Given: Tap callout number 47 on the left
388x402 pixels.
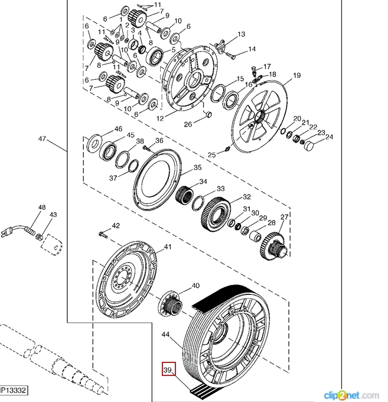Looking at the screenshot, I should pos(42,139).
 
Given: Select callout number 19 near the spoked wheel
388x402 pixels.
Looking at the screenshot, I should pos(296,75).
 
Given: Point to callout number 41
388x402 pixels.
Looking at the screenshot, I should pos(168,247).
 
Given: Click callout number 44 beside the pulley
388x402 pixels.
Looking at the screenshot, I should pos(167,335).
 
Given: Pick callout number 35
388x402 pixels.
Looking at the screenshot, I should pos(198,168).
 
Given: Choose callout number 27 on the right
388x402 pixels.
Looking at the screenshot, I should pos(284,217).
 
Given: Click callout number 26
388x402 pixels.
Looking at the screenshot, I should pos(188,124).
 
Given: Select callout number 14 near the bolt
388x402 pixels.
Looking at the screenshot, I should pos(252,49).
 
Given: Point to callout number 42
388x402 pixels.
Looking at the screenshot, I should pos(116,225).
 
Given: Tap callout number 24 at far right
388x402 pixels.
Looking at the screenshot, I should pos(329,137).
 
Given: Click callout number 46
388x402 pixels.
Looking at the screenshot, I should pos(118,129).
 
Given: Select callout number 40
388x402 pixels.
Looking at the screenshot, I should pos(195,285).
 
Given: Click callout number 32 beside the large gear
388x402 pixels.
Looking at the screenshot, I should pos(247,197).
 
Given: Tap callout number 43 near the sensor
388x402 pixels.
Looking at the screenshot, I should pos(53,215).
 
